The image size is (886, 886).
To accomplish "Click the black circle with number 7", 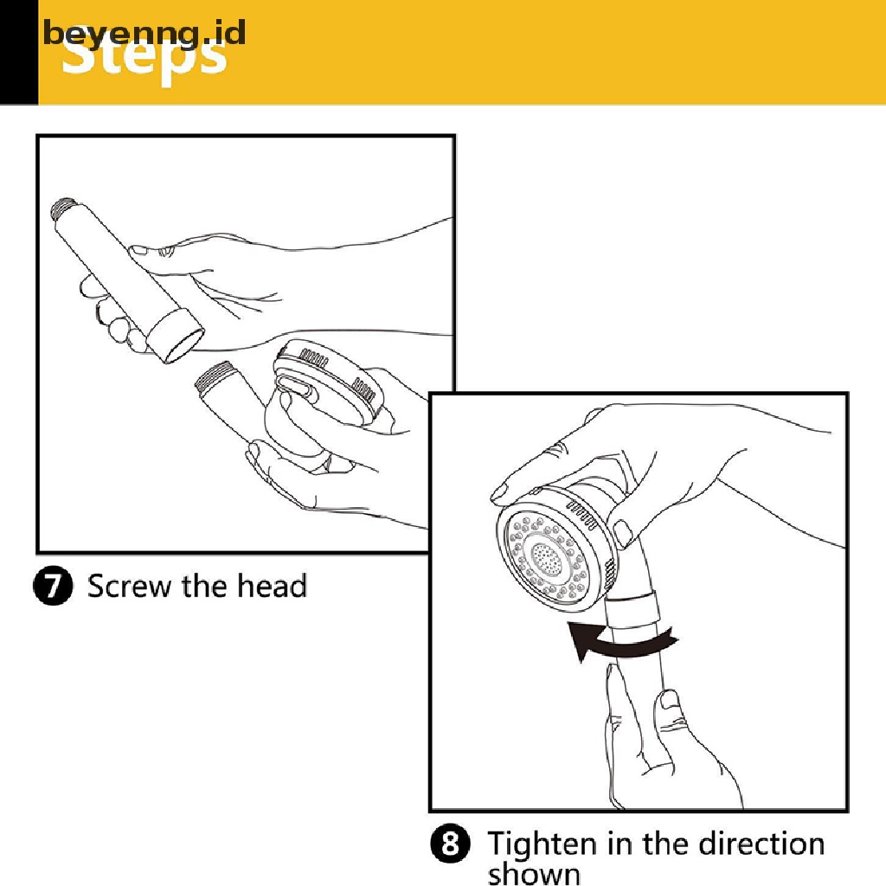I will (x=53, y=587).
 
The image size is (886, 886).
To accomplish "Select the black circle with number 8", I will (x=450, y=844).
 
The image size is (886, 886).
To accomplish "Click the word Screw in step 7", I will (x=131, y=587).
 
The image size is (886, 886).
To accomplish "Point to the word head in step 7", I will (x=273, y=587).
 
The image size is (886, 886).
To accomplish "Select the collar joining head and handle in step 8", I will (x=636, y=610).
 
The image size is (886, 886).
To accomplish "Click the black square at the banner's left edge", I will (x=18, y=52).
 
